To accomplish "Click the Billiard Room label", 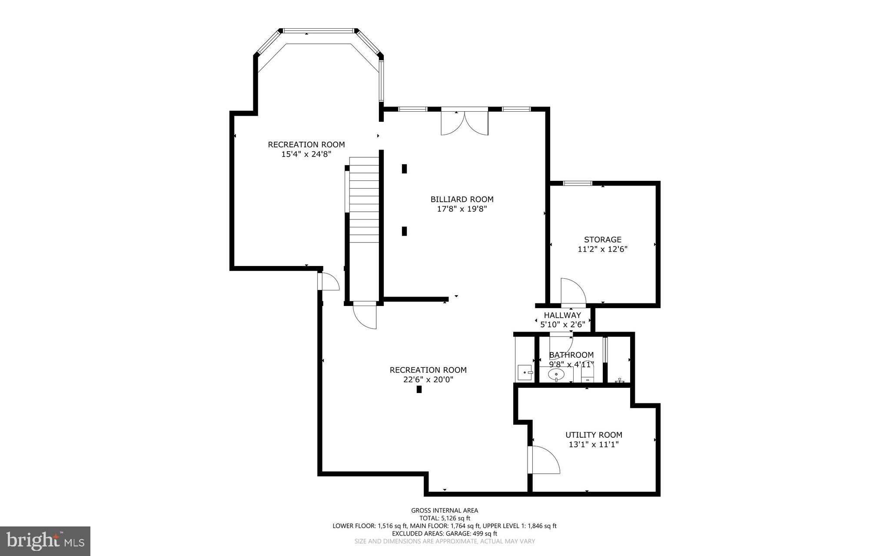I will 462,200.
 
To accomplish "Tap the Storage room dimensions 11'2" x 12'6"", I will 602,250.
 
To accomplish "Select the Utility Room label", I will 594,435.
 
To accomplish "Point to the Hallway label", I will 562,315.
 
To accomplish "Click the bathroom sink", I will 556,374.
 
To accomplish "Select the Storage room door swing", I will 572,291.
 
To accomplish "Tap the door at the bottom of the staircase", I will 365,315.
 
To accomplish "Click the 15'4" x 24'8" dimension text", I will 306,154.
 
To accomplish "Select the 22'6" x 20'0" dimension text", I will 428,380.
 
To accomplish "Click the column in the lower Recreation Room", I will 419,390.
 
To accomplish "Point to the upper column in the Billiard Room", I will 404,169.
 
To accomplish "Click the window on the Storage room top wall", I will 578,183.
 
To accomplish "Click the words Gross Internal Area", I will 445,510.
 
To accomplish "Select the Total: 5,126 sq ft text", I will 445,518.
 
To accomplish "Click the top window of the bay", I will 318,31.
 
